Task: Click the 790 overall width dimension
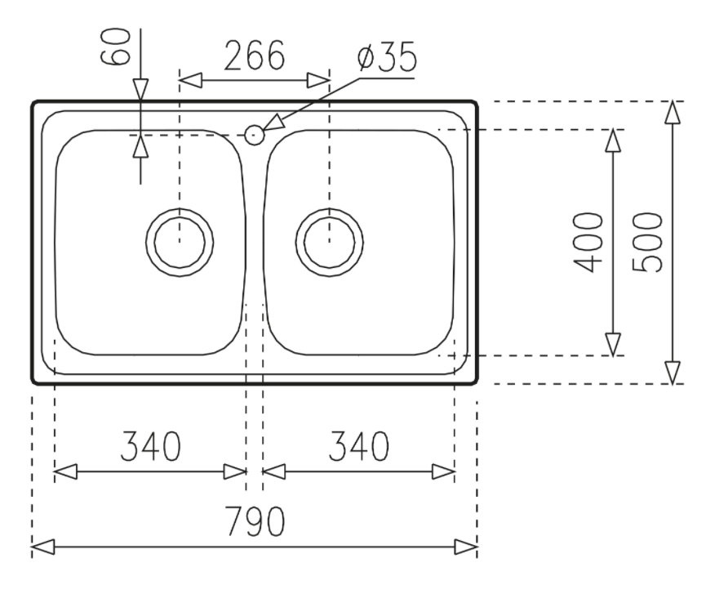tap(255, 521)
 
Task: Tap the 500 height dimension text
tap(647, 243)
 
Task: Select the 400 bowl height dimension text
tap(587, 243)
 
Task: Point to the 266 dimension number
tap(255, 56)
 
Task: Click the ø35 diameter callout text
tap(387, 56)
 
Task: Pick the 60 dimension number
tap(115, 46)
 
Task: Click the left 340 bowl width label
tap(151, 446)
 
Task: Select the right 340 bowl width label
tap(359, 446)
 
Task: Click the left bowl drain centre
tap(180, 242)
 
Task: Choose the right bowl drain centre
tap(329, 242)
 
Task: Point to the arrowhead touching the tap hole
tap(273, 123)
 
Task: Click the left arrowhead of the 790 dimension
tap(42, 547)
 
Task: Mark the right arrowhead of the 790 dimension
tap(466, 547)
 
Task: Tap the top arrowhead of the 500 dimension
tap(673, 112)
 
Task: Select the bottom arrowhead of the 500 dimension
tap(673, 373)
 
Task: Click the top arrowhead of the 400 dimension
tap(613, 141)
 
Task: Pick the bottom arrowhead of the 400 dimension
tap(613, 344)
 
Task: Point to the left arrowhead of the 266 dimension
tap(190, 80)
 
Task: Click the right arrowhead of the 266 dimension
tap(319, 80)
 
